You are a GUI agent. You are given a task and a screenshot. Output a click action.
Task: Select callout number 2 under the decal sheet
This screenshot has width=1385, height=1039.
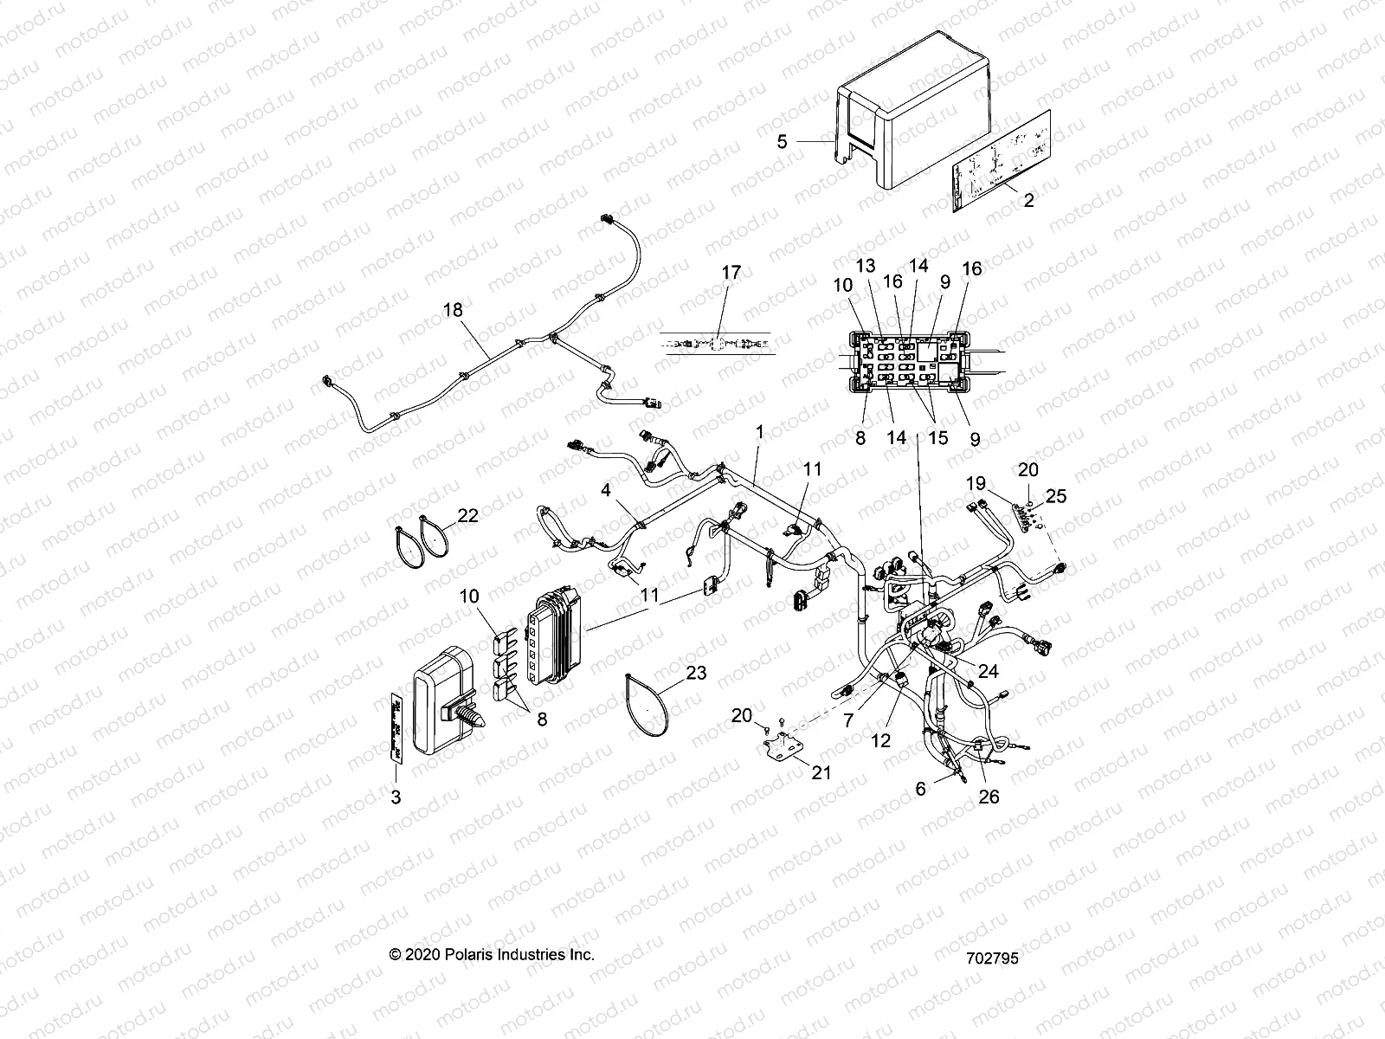[x=1027, y=200]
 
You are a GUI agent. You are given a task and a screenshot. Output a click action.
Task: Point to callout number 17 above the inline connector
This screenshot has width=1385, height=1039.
[x=731, y=273]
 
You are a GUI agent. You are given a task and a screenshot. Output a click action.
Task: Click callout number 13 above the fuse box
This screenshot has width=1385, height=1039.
[x=866, y=266]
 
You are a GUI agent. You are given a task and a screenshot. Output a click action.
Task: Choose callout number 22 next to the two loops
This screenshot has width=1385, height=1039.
[x=467, y=515]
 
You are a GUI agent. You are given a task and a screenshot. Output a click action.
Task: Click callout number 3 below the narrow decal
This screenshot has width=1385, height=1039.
[x=396, y=797]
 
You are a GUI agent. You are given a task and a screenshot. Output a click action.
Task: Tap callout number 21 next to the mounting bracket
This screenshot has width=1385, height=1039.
[x=821, y=771]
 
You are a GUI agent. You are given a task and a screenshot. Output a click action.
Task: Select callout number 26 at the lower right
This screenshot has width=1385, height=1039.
[x=988, y=796]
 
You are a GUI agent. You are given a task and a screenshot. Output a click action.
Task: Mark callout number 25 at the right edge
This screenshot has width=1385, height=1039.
[x=1056, y=496]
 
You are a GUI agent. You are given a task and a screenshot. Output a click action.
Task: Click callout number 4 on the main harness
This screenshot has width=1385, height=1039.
[x=607, y=490]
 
